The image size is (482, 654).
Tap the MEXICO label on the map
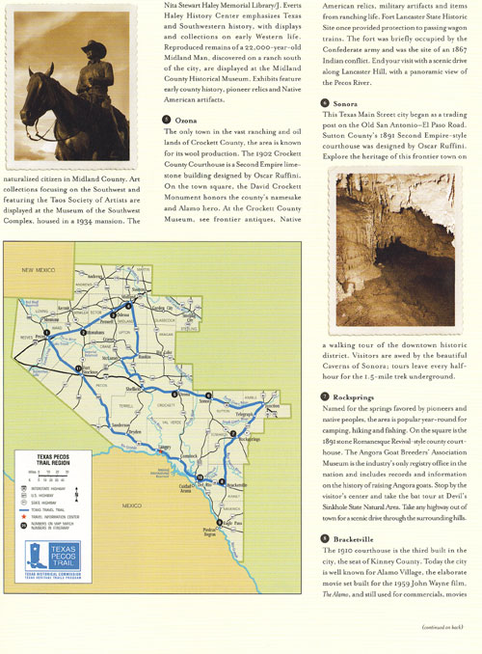pyautogui.click(x=132, y=504)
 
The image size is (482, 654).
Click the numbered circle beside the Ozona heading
pyautogui.click(x=168, y=118)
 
